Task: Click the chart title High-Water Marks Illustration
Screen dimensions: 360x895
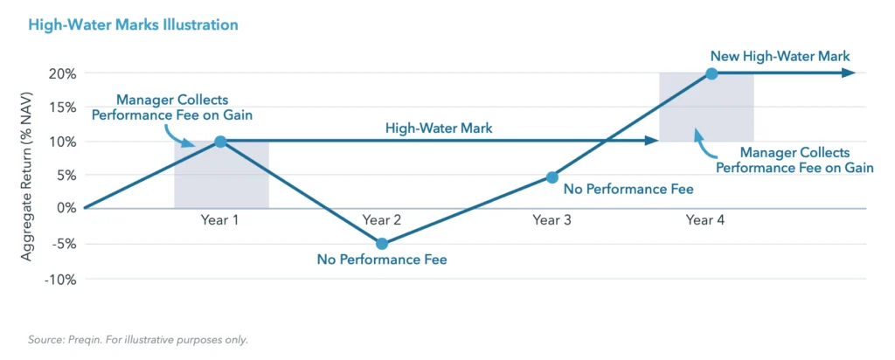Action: (133, 25)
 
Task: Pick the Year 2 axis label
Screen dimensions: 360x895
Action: (382, 220)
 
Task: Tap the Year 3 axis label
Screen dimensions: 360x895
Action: (552, 220)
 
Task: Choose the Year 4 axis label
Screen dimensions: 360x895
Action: (705, 220)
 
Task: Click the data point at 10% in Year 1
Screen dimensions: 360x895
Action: (220, 142)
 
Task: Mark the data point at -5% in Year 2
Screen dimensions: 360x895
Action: (382, 244)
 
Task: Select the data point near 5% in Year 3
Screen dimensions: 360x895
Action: (552, 177)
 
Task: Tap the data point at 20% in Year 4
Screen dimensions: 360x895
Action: (711, 73)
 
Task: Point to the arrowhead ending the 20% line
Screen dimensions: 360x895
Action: (849, 73)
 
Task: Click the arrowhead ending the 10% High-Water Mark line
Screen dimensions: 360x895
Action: (652, 140)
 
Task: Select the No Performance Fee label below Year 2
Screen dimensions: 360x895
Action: (382, 260)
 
